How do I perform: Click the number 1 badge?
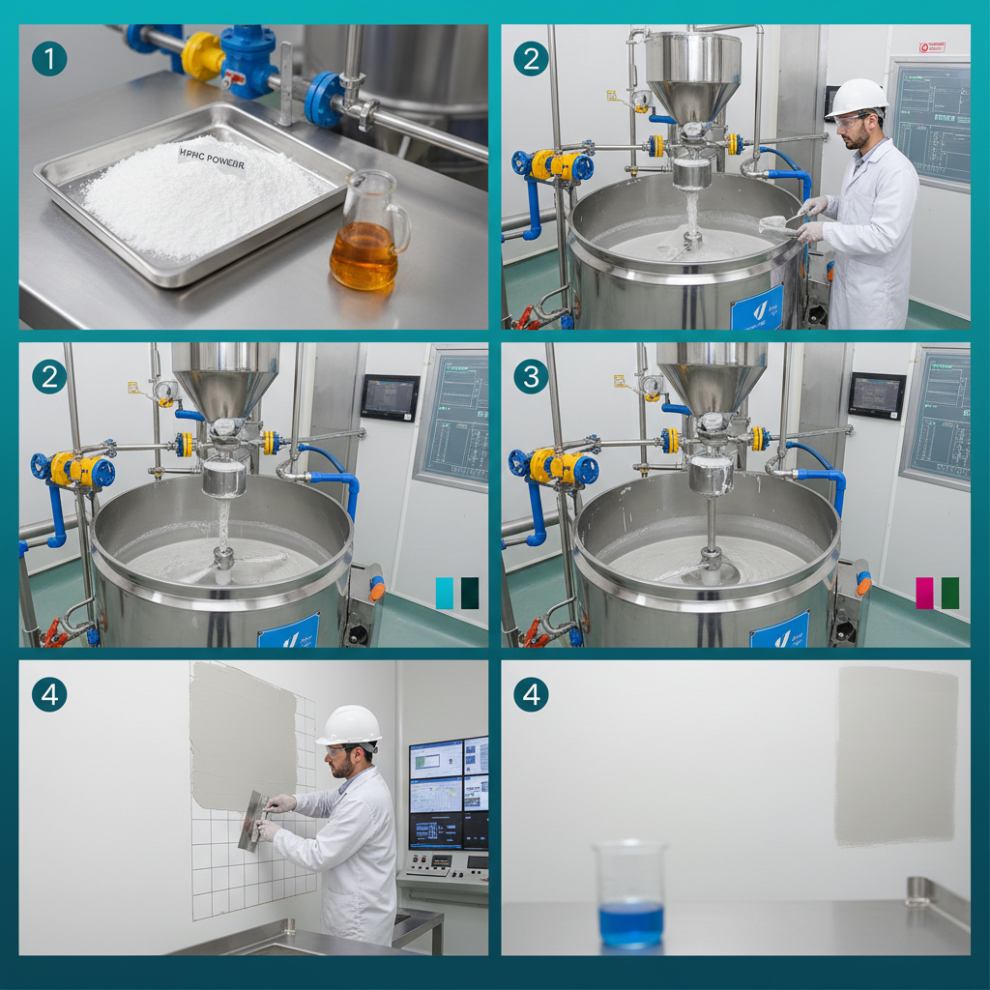49,59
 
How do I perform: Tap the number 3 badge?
531,376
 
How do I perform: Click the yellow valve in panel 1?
204,55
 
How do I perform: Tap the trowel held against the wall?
254,819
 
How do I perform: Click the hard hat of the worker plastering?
349,725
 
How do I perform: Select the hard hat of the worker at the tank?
858,97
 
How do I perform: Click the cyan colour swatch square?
445,593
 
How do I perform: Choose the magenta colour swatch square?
925,593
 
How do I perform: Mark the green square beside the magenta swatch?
950,593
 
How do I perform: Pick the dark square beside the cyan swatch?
470,593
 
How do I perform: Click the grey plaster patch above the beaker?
895,754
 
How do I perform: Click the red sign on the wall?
931,45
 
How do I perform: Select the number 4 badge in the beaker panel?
531,694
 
